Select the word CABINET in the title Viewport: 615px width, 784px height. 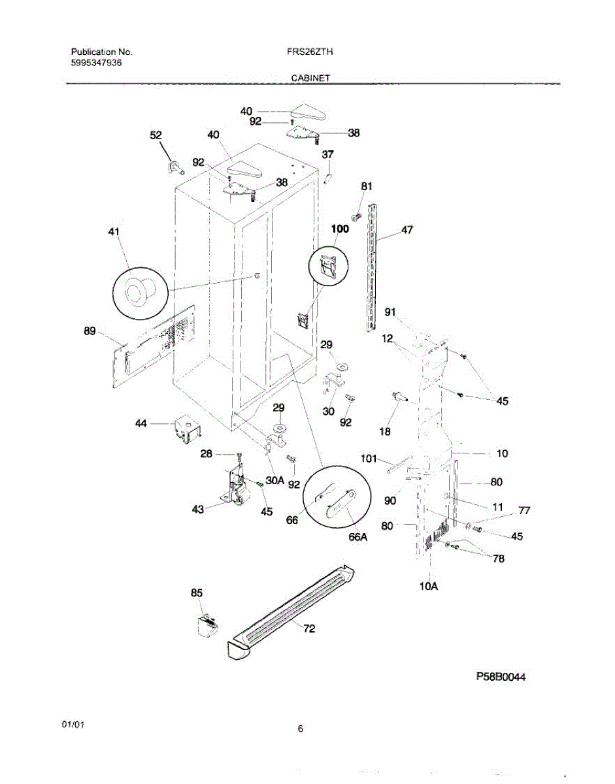click(310, 78)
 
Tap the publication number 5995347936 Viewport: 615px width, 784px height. click(96, 63)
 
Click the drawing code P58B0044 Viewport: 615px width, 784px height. click(501, 678)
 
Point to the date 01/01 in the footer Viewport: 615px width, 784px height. click(73, 725)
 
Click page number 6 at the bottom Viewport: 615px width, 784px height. click(300, 729)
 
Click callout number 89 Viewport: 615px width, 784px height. click(90, 332)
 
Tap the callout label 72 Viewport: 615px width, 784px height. click(309, 629)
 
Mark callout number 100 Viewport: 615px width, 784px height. click(340, 229)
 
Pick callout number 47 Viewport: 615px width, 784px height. click(407, 230)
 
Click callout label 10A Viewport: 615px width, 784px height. click(428, 586)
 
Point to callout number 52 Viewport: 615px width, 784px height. click(156, 135)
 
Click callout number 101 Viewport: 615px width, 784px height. click(369, 459)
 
